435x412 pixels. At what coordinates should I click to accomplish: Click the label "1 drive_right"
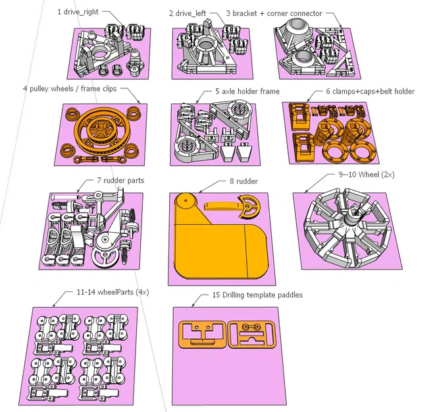click(x=78, y=12)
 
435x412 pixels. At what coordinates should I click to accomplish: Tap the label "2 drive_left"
click(x=188, y=13)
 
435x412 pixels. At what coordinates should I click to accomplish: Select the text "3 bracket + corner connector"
click(x=274, y=13)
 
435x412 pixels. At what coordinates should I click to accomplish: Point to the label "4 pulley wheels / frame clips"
click(x=70, y=88)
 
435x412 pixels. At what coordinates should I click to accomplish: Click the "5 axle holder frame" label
click(x=247, y=92)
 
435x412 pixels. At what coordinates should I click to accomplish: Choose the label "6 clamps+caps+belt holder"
click(x=371, y=92)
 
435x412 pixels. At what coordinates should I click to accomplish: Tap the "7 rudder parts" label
click(x=120, y=181)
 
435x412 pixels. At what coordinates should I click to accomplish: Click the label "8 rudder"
click(x=244, y=181)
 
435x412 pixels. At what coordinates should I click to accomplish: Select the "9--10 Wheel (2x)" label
click(x=367, y=175)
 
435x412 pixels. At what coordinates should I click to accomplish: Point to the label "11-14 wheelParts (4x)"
click(x=113, y=292)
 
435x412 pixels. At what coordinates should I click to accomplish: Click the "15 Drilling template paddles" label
click(x=257, y=295)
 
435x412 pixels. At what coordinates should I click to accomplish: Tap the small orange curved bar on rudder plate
click(x=222, y=206)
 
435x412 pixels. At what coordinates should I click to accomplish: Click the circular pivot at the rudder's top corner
click(x=186, y=200)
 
